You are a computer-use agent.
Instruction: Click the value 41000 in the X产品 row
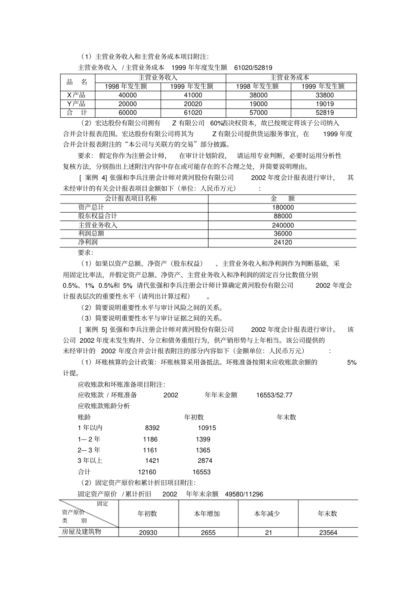point(193,95)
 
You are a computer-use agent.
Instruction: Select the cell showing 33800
point(324,95)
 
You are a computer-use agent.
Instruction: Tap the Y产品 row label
point(76,104)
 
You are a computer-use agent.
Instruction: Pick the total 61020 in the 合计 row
point(193,112)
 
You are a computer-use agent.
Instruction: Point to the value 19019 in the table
point(324,104)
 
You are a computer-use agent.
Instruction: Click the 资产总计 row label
point(91,207)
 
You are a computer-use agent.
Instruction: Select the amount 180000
point(282,207)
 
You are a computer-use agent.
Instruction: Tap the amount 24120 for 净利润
point(282,243)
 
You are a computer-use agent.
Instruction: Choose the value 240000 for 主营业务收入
point(282,225)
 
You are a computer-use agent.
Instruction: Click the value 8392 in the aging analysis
point(152,428)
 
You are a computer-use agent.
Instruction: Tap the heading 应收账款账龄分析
point(104,406)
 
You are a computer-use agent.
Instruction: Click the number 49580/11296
point(244,494)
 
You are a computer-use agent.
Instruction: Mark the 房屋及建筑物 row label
point(81,532)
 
